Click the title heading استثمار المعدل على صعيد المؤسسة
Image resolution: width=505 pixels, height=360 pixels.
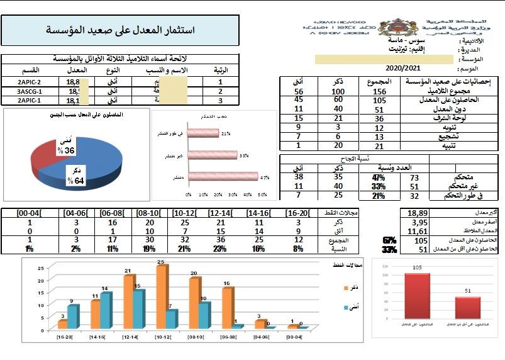click(x=120, y=30)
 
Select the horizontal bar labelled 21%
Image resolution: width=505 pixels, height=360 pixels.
click(x=203, y=133)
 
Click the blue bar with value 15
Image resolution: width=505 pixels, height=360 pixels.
click(x=138, y=308)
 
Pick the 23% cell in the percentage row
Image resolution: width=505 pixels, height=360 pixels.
click(x=221, y=249)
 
